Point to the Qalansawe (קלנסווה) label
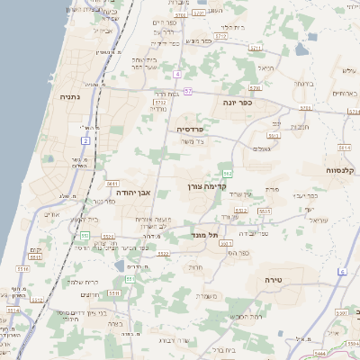(x=343, y=170)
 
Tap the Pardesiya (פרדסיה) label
(x=189, y=129)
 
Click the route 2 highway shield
(x=85, y=140)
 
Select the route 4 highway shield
(x=178, y=73)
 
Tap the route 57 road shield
(x=187, y=91)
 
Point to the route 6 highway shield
(x=342, y=271)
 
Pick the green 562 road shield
(x=228, y=172)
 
